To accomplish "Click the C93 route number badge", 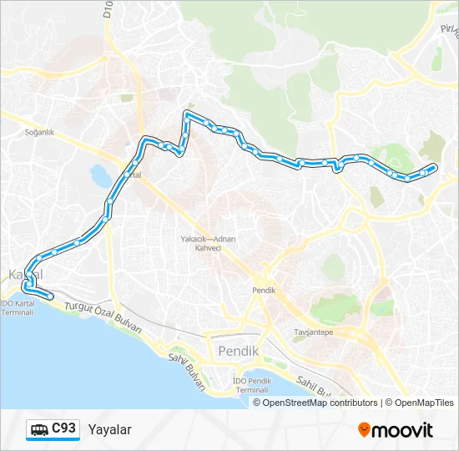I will (x=63, y=428).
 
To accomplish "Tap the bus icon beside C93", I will (x=39, y=429).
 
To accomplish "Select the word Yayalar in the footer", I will (x=109, y=429).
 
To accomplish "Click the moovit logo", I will (x=396, y=430).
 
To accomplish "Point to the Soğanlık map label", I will (x=39, y=132).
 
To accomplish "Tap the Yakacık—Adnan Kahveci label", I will (x=209, y=242).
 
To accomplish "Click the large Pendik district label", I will (x=238, y=351).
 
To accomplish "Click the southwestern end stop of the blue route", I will (x=50, y=296).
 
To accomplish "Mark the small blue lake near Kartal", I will (x=98, y=176).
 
